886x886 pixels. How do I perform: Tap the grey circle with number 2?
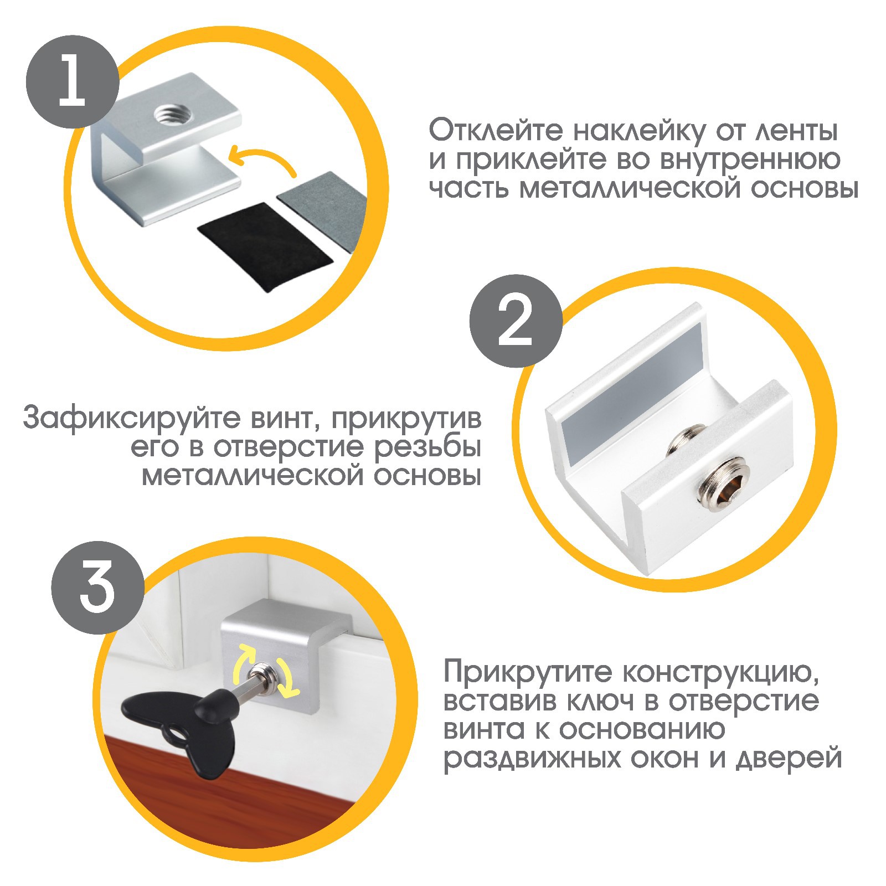pyautogui.click(x=516, y=321)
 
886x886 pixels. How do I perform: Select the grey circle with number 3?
pyautogui.click(x=97, y=587)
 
